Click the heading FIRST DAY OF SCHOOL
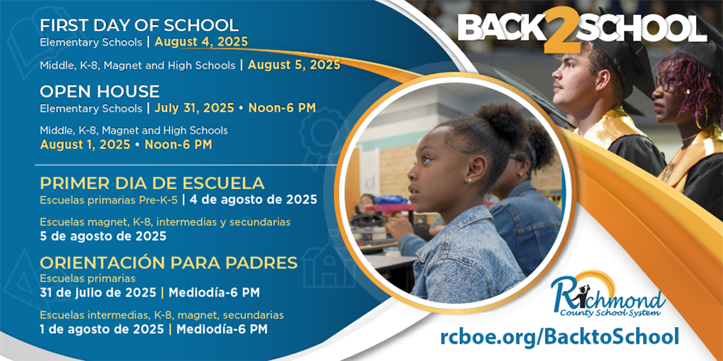pos(139,25)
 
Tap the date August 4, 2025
pos(201,42)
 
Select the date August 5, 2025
pos(294,65)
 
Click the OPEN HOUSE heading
pos(100,92)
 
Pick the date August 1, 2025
pos(85,145)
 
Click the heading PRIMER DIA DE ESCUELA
pos(152,182)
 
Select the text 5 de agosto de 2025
pos(103,236)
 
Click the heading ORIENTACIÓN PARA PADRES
pos(169,262)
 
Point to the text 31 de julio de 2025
pos(98,293)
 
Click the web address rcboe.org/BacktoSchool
pos(559,336)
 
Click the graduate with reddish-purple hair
pos(688,109)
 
